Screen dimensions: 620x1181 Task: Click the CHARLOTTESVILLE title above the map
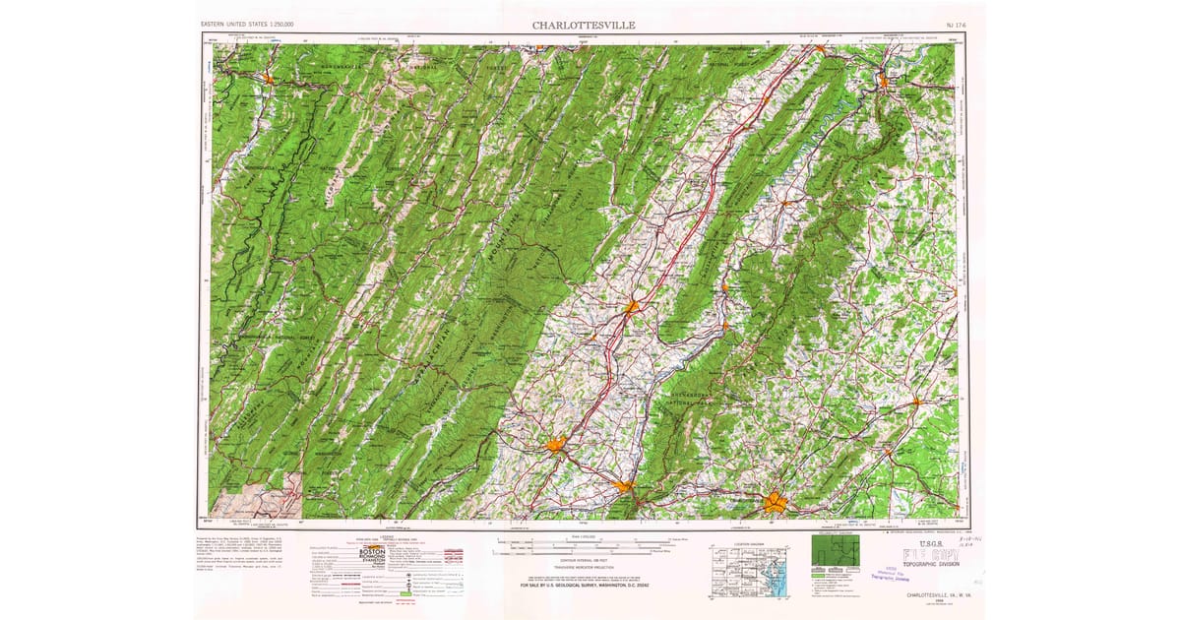[584, 24]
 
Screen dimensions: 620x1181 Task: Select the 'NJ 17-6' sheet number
[946, 24]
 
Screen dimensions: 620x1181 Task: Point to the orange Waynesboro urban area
[624, 485]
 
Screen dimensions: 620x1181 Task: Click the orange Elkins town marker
[268, 75]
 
